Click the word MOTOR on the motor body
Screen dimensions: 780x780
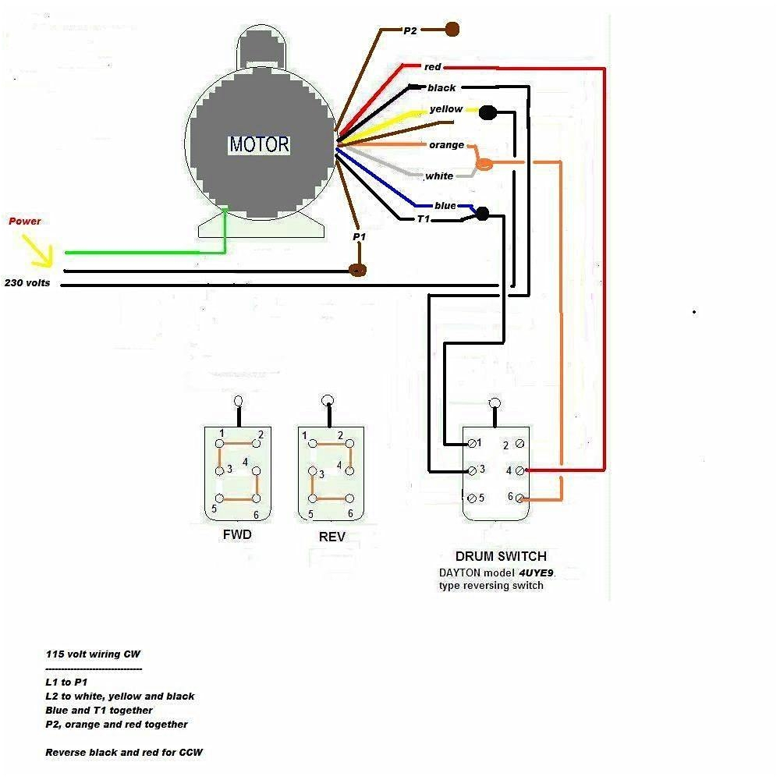pos(259,144)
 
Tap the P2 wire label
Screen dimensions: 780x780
pos(411,30)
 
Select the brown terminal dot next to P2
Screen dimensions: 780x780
pos(452,30)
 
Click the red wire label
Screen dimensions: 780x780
pos(433,67)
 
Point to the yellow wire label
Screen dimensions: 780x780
pos(446,109)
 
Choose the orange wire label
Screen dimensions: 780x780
pos(446,145)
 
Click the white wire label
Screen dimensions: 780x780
pos(439,176)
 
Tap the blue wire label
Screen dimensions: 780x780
pos(445,206)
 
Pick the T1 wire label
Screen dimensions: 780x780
pos(423,219)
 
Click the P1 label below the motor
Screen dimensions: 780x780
pos(359,236)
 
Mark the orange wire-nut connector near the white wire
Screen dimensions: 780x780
pos(484,164)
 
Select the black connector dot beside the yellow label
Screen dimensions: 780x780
pos(487,113)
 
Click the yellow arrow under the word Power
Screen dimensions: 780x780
pos(40,250)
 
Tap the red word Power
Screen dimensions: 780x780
pos(25,222)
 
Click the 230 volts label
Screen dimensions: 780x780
pos(27,283)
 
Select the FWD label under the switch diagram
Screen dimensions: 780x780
pos(237,536)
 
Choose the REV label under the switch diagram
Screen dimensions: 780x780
pos(331,537)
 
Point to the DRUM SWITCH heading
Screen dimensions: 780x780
pos(501,557)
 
